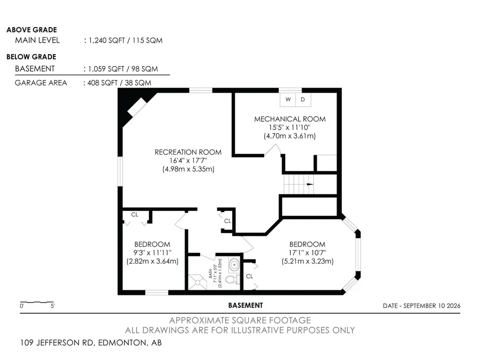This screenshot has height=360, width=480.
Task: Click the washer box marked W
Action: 288,100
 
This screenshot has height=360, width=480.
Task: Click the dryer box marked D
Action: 303,100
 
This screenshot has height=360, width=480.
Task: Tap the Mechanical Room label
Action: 290,119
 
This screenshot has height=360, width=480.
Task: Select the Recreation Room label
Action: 188,152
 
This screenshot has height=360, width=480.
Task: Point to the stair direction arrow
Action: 310,184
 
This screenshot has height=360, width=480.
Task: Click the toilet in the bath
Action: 232,279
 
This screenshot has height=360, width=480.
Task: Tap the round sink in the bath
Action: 234,265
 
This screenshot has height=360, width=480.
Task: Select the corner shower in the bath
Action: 198,282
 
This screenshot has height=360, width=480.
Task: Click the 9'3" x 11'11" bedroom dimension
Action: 152,253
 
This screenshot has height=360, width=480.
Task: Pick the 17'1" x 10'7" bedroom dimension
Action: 307,253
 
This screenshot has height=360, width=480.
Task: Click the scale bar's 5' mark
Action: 52,306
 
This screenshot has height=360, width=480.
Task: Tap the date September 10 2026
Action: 432,306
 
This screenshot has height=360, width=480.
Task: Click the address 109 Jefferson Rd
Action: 57,343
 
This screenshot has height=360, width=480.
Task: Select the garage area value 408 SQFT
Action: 103,83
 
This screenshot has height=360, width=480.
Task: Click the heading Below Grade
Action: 31,57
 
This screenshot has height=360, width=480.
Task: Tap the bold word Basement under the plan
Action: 245,306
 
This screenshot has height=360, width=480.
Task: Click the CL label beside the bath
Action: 250,276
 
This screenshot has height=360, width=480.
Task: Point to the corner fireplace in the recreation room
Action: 137,107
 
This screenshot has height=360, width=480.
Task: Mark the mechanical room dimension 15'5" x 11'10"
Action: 289,128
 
